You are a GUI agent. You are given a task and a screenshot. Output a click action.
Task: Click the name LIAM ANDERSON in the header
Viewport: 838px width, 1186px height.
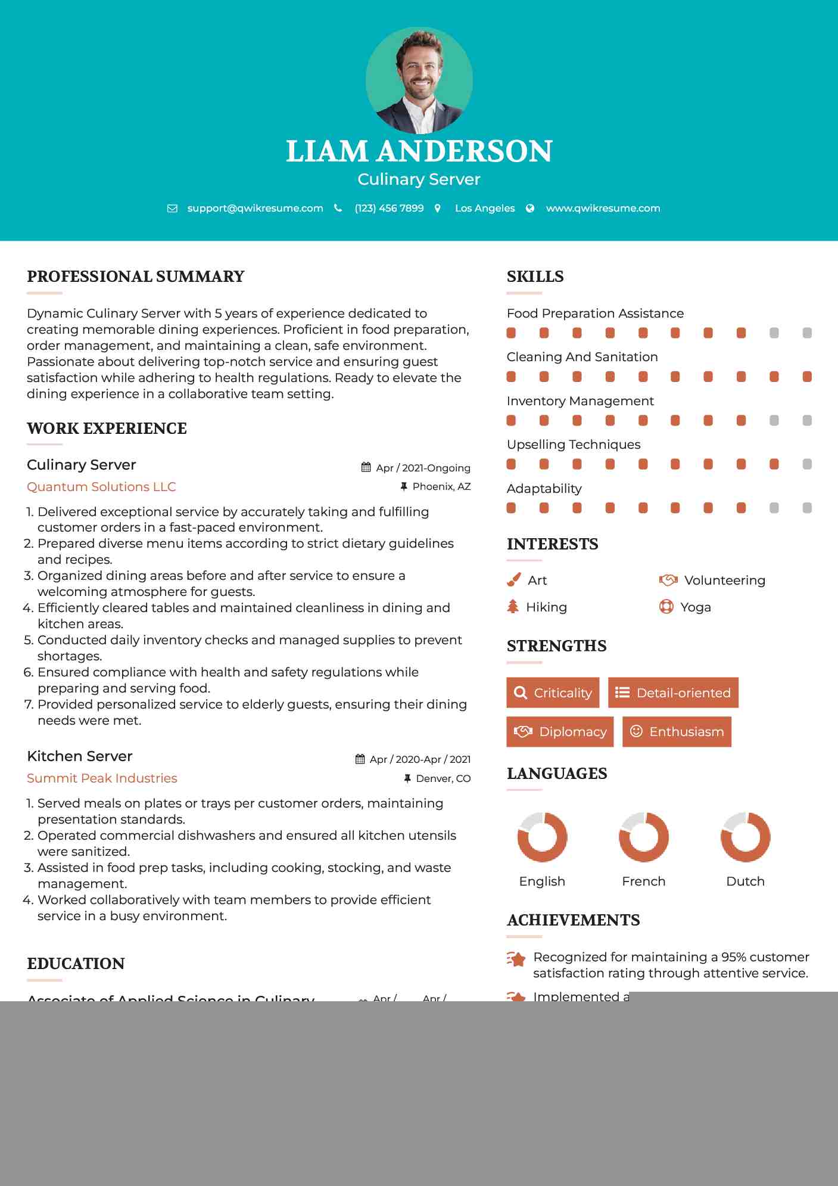pyautogui.click(x=419, y=151)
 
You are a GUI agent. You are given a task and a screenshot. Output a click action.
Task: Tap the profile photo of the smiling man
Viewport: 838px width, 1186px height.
pyautogui.click(x=419, y=80)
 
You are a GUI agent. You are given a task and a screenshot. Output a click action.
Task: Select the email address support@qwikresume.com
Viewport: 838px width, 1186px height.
pyautogui.click(x=255, y=208)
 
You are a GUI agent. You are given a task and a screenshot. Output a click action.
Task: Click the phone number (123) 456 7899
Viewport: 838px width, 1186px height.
pyautogui.click(x=389, y=208)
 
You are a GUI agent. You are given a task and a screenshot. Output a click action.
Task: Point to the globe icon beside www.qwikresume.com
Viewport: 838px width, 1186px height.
pyautogui.click(x=530, y=208)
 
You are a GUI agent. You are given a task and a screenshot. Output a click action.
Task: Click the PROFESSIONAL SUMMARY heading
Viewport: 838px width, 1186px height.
pyautogui.click(x=136, y=277)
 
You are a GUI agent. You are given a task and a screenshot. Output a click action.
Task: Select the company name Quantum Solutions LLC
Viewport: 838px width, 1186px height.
pyautogui.click(x=101, y=487)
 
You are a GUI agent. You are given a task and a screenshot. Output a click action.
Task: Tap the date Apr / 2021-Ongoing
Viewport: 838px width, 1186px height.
pyautogui.click(x=423, y=468)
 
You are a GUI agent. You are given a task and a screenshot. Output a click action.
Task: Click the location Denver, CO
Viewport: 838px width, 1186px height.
pyautogui.click(x=443, y=778)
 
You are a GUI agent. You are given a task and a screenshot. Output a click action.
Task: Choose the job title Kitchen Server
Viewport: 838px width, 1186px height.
pyautogui.click(x=80, y=756)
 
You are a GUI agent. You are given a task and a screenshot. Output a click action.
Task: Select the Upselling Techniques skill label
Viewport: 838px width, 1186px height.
pyautogui.click(x=574, y=445)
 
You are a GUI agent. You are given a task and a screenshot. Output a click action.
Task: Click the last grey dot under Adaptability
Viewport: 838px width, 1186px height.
pyautogui.click(x=807, y=508)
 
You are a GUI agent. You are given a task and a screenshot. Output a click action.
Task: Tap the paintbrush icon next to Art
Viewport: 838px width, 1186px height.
pyautogui.click(x=513, y=580)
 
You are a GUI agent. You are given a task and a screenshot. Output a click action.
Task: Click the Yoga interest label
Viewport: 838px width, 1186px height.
pyautogui.click(x=696, y=607)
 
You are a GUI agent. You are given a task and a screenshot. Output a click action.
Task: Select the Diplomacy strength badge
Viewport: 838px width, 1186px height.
pyautogui.click(x=560, y=732)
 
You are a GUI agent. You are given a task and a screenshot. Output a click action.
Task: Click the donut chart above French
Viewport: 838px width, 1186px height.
pyautogui.click(x=644, y=837)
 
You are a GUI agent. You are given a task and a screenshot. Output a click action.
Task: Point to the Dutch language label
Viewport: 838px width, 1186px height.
pyautogui.click(x=745, y=881)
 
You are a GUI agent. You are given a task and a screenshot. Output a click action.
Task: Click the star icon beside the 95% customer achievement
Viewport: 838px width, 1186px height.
pyautogui.click(x=516, y=959)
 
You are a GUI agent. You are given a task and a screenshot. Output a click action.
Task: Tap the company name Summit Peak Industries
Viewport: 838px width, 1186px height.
pyautogui.click(x=102, y=778)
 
